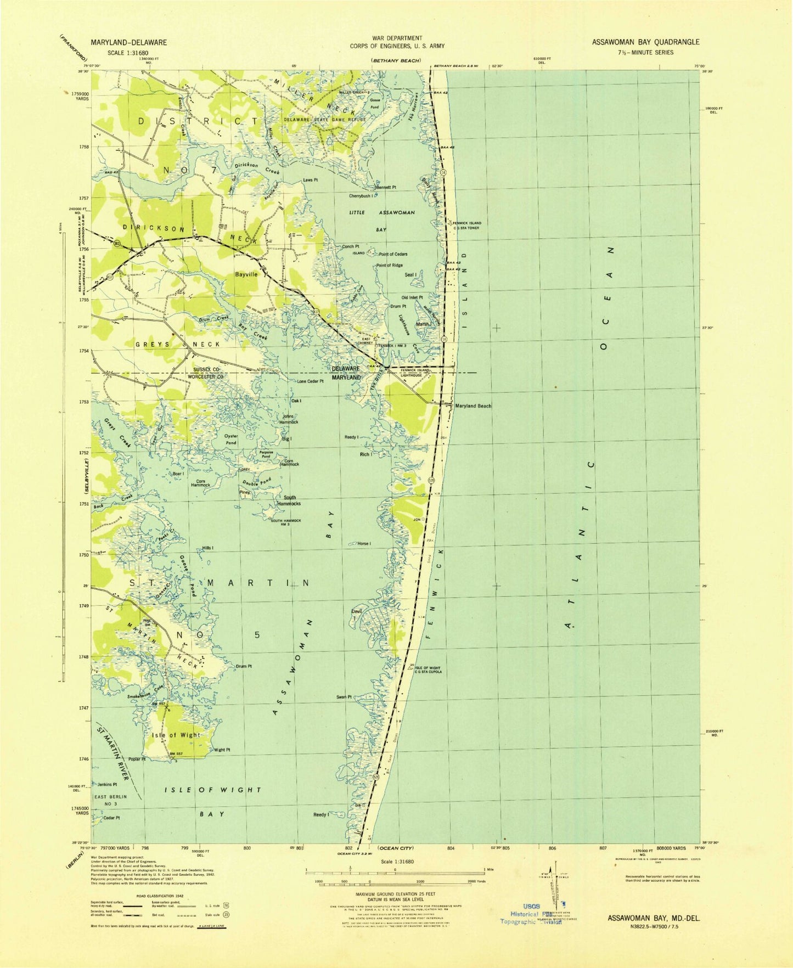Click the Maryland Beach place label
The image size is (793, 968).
(x=473, y=406)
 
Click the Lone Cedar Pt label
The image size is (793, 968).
(x=310, y=381)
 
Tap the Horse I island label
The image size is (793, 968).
(x=363, y=544)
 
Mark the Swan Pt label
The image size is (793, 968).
(x=344, y=697)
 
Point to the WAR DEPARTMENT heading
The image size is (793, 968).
(x=397, y=38)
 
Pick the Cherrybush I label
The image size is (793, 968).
(x=361, y=196)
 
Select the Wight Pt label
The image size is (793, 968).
(x=222, y=750)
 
